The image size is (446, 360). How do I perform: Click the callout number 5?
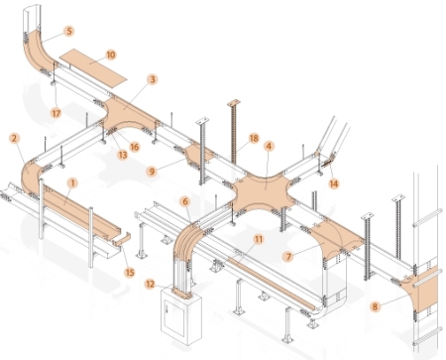[x=69, y=31]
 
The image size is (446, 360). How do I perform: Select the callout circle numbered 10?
[x=111, y=55]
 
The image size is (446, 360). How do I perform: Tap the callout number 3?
[x=152, y=79]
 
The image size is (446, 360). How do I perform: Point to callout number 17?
[x=56, y=113]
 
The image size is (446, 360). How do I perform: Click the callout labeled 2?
[x=14, y=138]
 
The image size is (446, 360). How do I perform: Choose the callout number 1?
[x=72, y=182]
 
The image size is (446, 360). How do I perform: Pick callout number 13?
[x=123, y=155]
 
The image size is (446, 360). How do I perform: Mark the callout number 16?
[x=135, y=147]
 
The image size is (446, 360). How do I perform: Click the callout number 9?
[x=152, y=171]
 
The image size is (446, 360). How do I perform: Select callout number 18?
[x=254, y=138]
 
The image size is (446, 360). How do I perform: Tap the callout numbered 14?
[x=334, y=183]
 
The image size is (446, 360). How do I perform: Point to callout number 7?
[x=288, y=256]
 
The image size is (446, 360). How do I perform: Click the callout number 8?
[x=375, y=306]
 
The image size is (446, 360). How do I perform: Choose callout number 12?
[x=151, y=284]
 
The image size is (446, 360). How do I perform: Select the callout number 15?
[x=130, y=272]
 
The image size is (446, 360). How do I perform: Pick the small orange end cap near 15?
[x=122, y=240]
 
